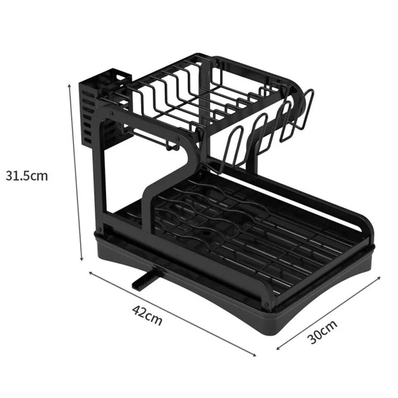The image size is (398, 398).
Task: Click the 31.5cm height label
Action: [x=27, y=176]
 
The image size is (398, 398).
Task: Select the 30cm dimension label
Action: [x=323, y=332]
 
